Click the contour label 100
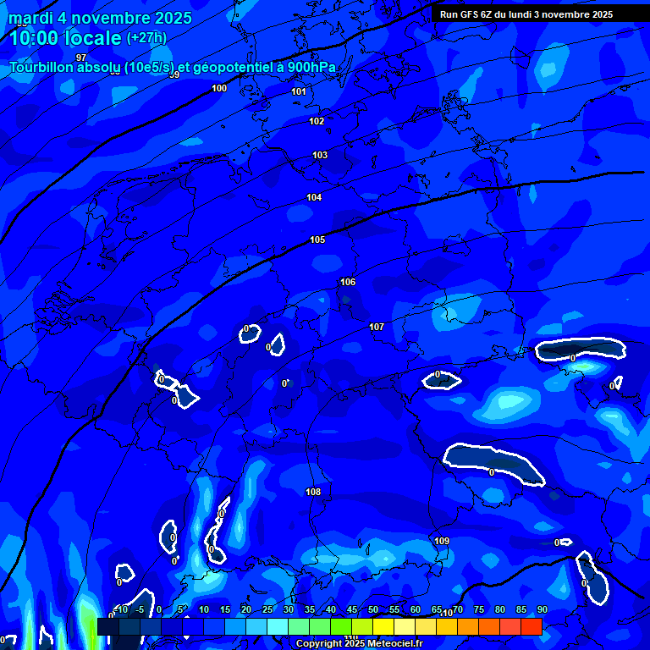(219, 88)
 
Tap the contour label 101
(299, 91)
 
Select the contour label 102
(317, 121)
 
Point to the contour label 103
(320, 155)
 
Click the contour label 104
(314, 197)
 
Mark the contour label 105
(317, 240)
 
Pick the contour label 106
(348, 282)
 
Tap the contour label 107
(377, 327)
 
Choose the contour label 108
(313, 492)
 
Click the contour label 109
(442, 541)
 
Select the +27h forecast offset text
(146, 38)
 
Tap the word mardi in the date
(28, 18)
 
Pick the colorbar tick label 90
(542, 609)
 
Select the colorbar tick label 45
(351, 609)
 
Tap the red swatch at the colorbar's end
(531, 626)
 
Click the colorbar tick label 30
(288, 609)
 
